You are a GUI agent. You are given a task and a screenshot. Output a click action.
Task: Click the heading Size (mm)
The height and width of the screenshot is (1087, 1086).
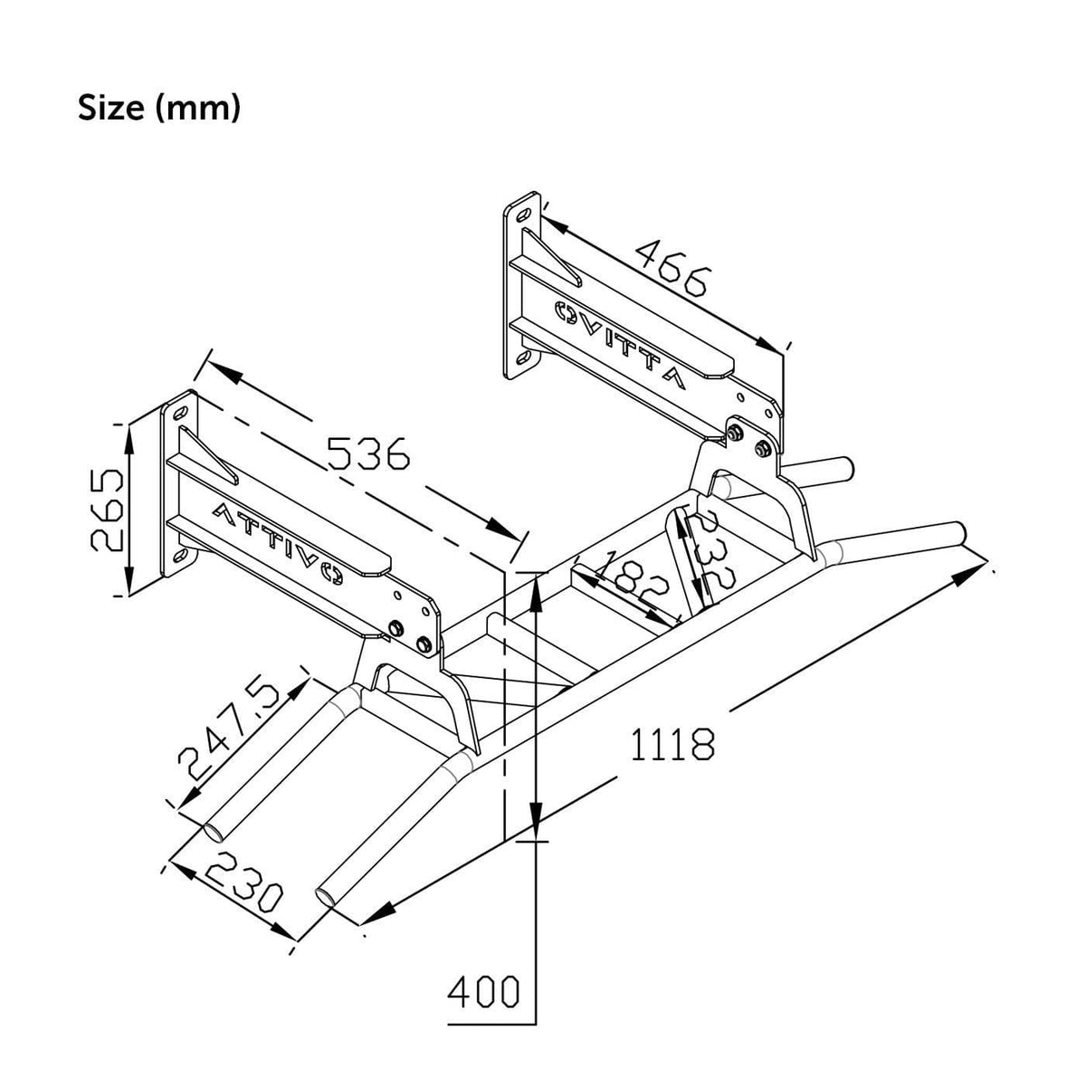[x=159, y=108]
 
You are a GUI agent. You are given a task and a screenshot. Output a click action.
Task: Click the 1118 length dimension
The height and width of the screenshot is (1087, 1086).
[x=672, y=744]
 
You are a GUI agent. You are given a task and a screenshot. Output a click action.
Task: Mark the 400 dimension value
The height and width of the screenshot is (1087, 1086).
[x=484, y=993]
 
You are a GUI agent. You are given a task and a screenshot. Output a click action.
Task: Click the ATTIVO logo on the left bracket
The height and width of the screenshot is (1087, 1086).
[x=276, y=540]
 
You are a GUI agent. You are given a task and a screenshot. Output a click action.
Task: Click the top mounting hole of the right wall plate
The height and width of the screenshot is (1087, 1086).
[x=523, y=214]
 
